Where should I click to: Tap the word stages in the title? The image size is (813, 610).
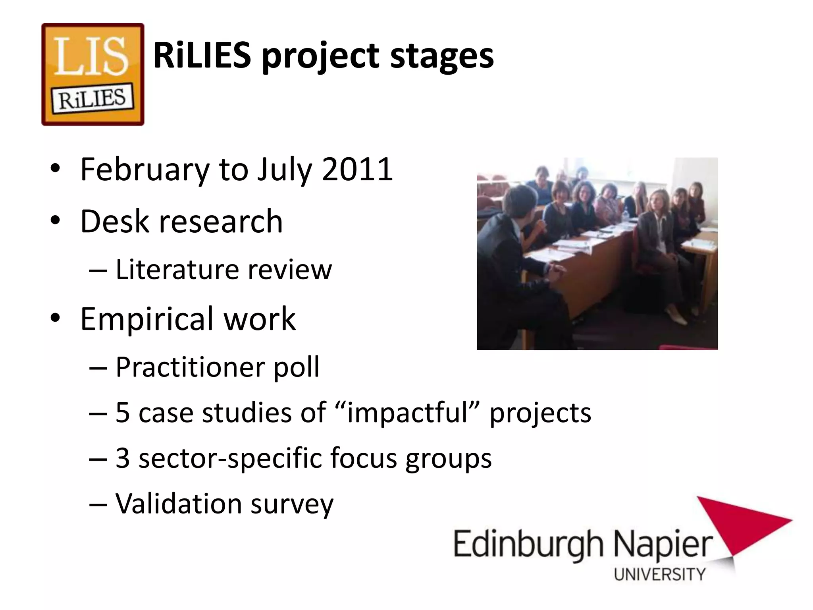coord(442,58)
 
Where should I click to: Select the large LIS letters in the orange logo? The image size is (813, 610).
coord(92,56)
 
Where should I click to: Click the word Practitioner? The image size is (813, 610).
coord(189,367)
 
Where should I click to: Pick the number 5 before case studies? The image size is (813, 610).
coord(123,413)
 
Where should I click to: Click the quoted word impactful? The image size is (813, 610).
coord(407,413)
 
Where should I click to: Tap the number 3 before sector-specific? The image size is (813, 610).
coord(123,458)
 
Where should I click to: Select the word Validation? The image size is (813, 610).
coord(179,504)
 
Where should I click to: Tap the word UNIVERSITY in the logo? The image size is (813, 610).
coord(659,574)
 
